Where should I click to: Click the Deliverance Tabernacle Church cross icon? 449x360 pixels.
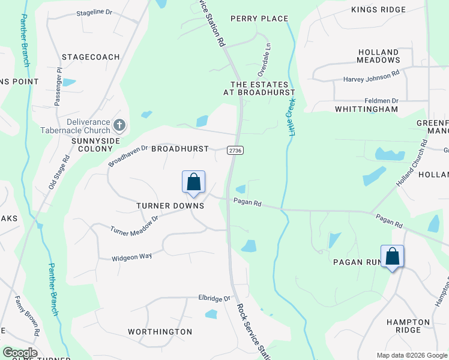pos(119,125)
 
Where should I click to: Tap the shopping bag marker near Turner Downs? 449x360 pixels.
pos(193,182)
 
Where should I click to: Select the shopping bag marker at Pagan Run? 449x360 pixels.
pos(392,257)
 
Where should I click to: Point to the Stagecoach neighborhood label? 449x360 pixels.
pos(91,57)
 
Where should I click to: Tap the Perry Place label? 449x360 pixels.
pos(259,19)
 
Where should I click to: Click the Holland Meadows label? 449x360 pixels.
pos(378,56)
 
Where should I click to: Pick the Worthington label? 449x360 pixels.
pos(160,331)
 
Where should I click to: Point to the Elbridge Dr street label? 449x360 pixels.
pos(214,298)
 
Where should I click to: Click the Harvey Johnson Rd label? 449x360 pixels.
pos(371,78)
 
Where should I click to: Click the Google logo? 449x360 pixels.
pos(20,353)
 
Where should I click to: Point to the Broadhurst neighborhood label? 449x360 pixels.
pos(179,148)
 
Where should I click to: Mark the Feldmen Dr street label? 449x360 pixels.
pos(381,101)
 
